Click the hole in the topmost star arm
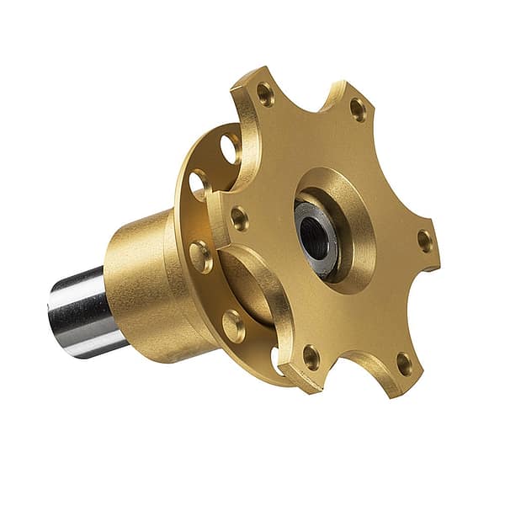[x=265, y=94]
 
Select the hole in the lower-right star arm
[x=404, y=364]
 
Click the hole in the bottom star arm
[x=311, y=357]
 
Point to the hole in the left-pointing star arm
[x=240, y=219]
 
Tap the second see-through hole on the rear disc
[x=199, y=183]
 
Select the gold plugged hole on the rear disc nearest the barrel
[x=201, y=256]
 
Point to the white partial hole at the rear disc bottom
[x=275, y=360]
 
